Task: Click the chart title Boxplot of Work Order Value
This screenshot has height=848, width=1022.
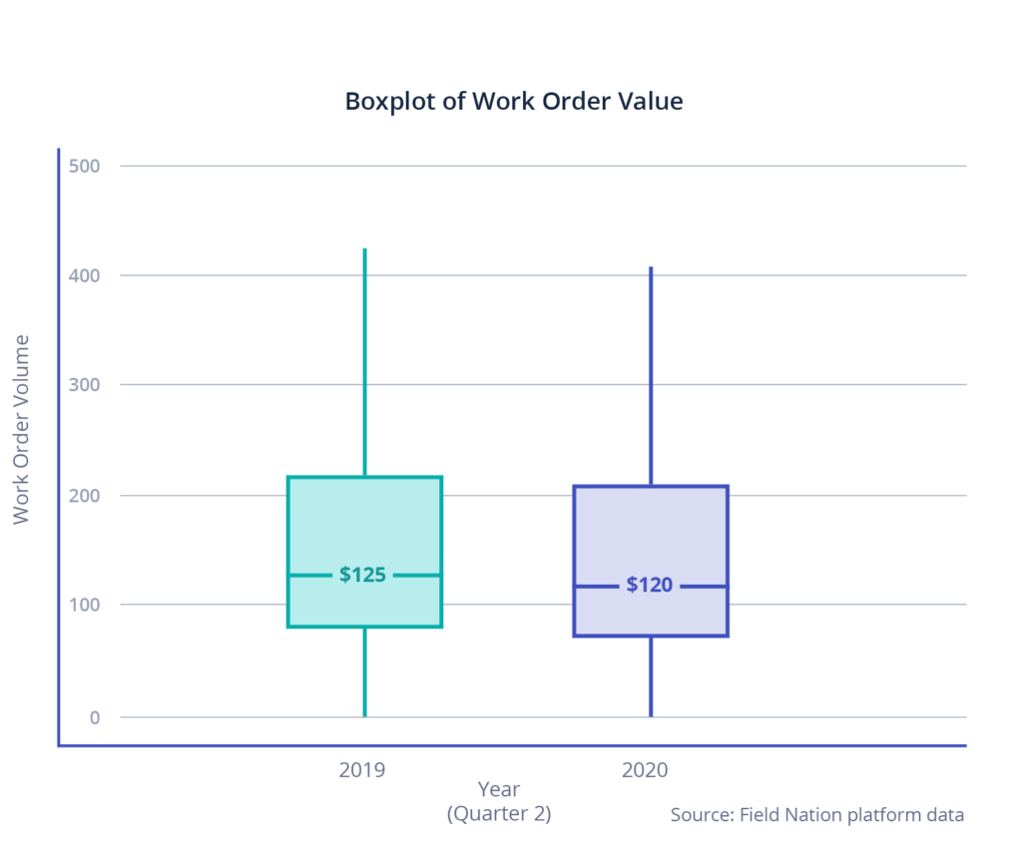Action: (x=513, y=102)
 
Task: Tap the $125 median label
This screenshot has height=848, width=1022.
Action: (x=362, y=575)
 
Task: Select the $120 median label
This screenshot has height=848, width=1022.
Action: (x=649, y=585)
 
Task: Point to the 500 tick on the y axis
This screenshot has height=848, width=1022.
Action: (x=85, y=166)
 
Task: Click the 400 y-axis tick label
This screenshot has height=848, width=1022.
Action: (x=85, y=275)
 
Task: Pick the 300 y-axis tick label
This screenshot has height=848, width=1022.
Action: (x=85, y=385)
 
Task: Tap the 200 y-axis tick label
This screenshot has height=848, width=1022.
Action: (x=85, y=496)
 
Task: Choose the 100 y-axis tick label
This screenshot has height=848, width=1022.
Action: (x=85, y=605)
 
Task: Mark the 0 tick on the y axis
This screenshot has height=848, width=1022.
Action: (x=96, y=717)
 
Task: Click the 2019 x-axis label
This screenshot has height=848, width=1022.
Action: (x=362, y=770)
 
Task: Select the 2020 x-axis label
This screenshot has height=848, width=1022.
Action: (x=645, y=770)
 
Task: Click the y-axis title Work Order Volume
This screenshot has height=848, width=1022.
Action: (x=21, y=429)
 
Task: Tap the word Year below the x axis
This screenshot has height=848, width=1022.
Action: (x=498, y=791)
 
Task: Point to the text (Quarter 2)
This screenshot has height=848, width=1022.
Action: (x=498, y=814)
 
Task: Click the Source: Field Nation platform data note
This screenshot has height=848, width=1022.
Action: (x=816, y=815)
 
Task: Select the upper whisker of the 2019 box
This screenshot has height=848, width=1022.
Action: (x=364, y=359)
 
